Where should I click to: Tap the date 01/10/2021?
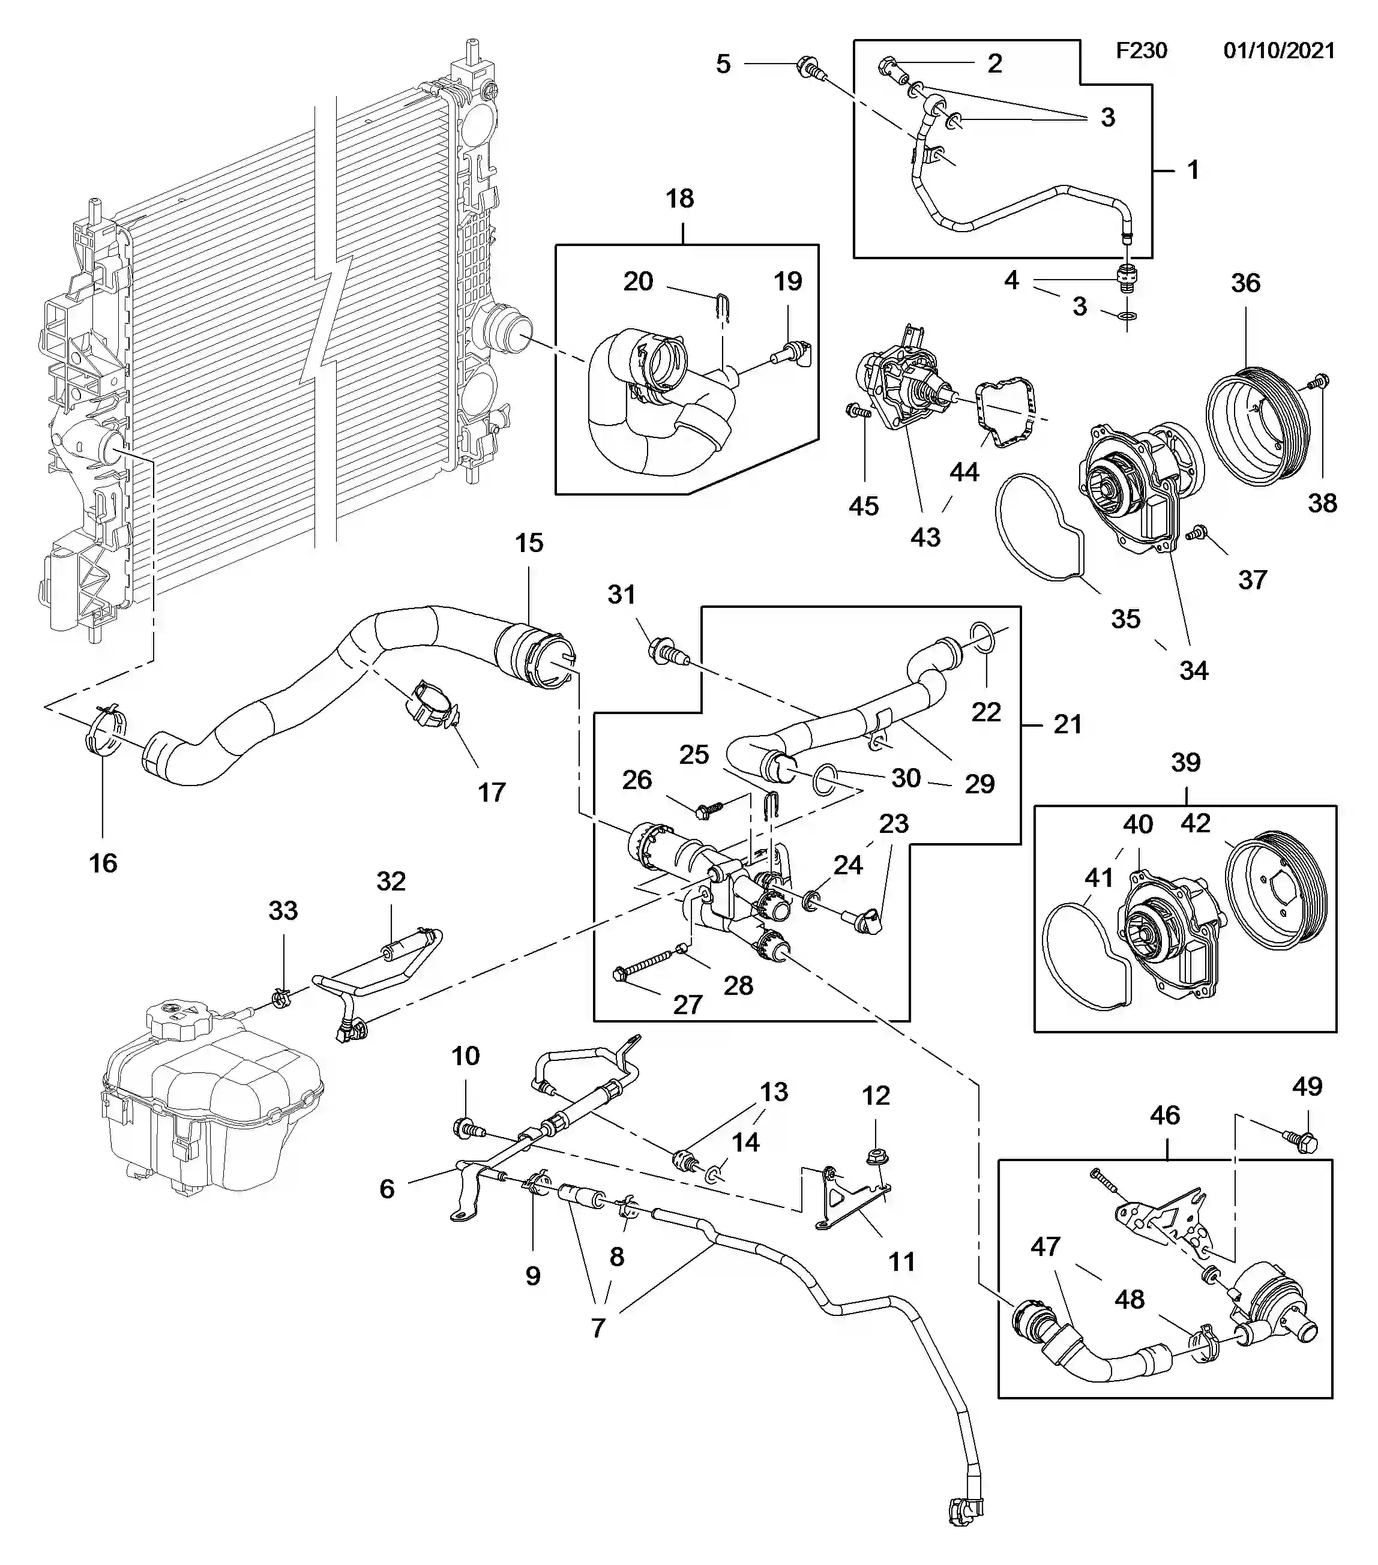(x=1279, y=50)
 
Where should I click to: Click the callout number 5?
(x=723, y=64)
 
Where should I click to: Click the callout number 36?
(x=1245, y=283)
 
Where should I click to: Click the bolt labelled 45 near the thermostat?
(x=857, y=412)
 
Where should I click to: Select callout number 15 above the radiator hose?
(x=529, y=543)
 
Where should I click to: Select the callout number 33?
(x=283, y=910)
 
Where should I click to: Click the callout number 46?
(x=1165, y=1115)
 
